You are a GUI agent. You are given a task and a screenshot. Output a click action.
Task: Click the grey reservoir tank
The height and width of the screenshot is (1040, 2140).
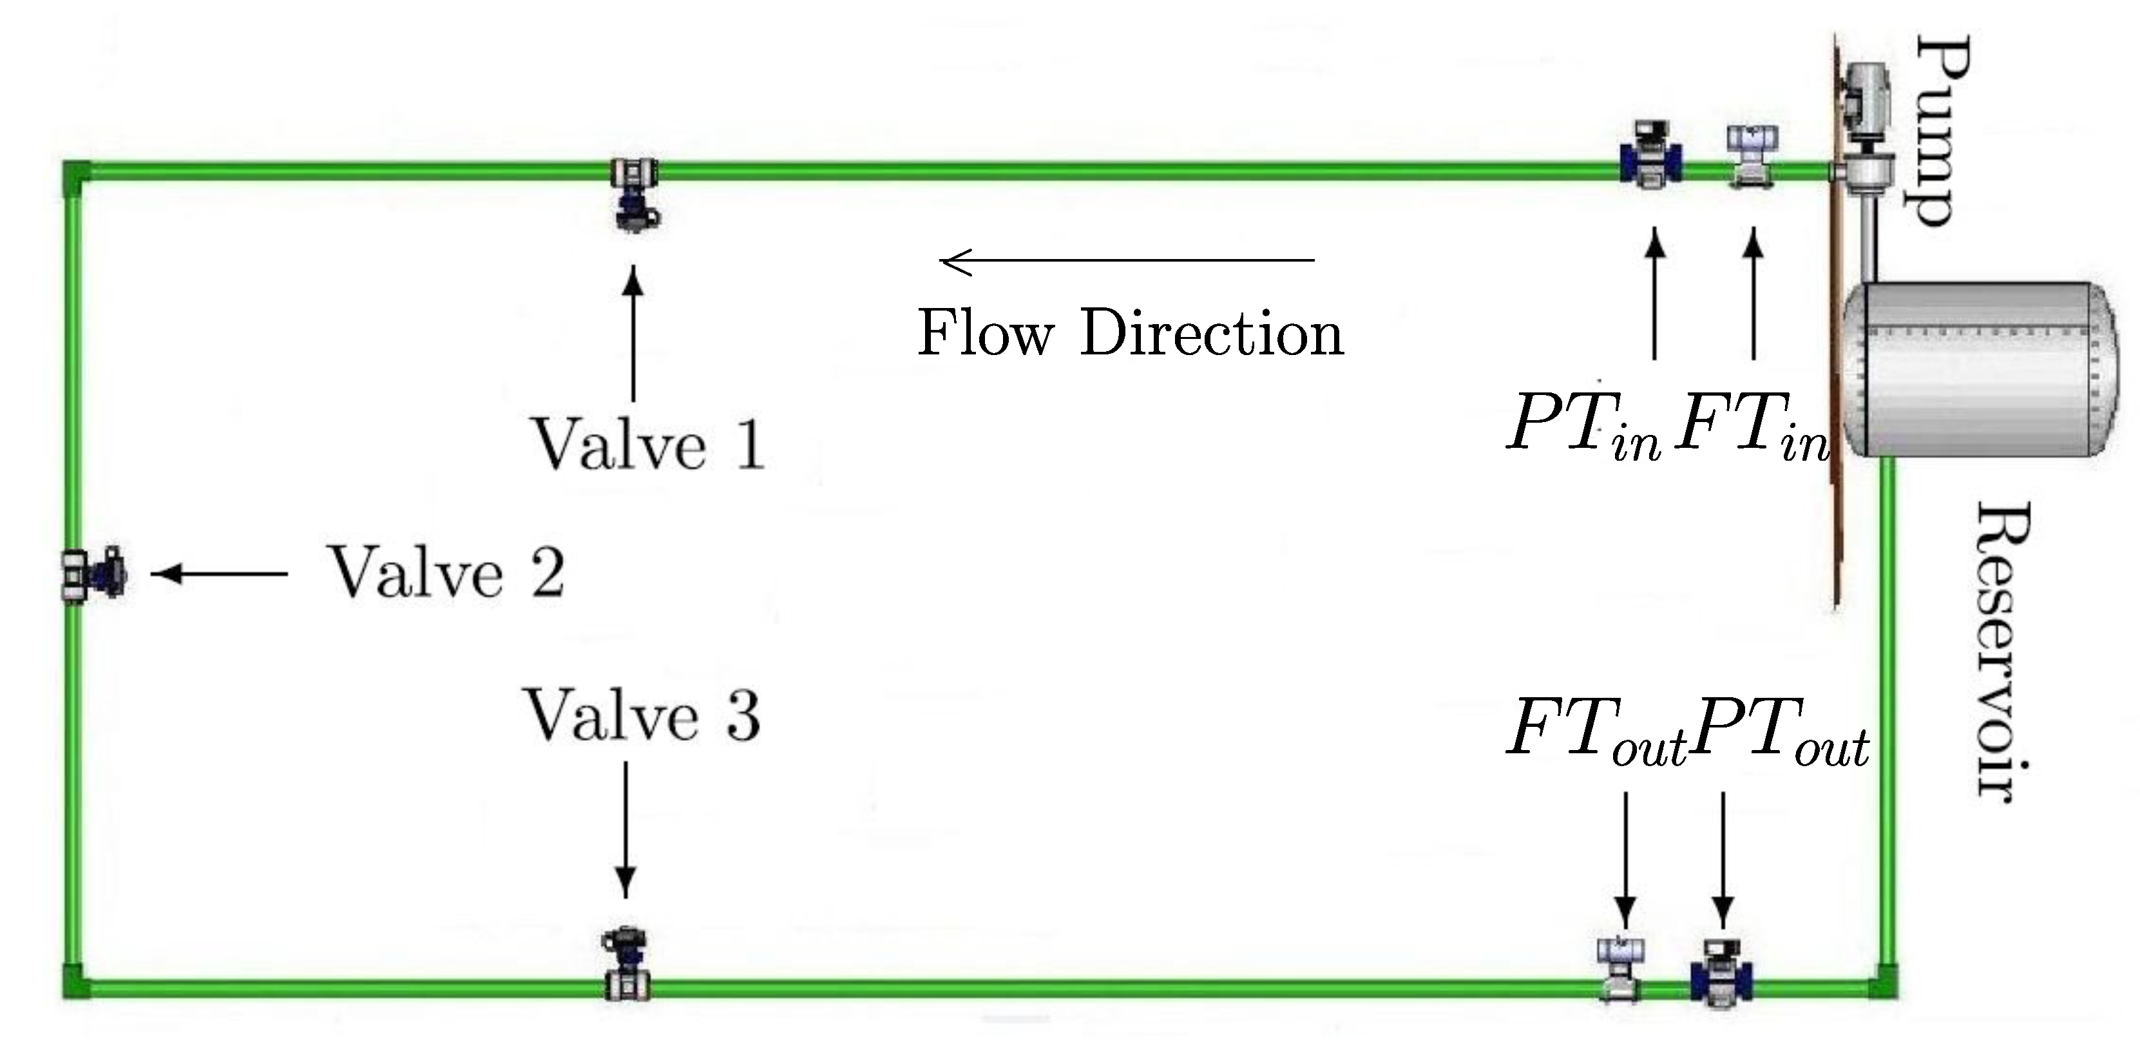coord(1977,370)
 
